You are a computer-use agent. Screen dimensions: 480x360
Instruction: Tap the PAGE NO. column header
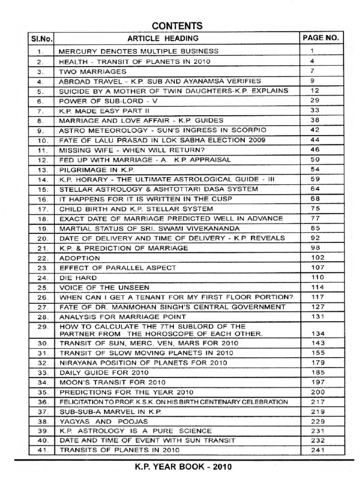[x=321, y=38]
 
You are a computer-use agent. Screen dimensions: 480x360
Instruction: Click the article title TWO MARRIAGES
[x=93, y=72]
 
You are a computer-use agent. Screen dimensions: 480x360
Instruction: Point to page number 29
[x=315, y=101]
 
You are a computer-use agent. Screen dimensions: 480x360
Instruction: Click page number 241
[x=318, y=450]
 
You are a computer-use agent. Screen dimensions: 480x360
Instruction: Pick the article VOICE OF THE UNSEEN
[x=104, y=287]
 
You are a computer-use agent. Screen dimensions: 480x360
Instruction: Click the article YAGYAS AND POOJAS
[x=102, y=421]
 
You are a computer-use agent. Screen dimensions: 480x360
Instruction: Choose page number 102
[x=318, y=257]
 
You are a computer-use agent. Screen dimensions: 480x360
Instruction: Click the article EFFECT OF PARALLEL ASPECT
[x=118, y=268]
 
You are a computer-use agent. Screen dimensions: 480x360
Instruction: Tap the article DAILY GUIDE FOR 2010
[x=104, y=372]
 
